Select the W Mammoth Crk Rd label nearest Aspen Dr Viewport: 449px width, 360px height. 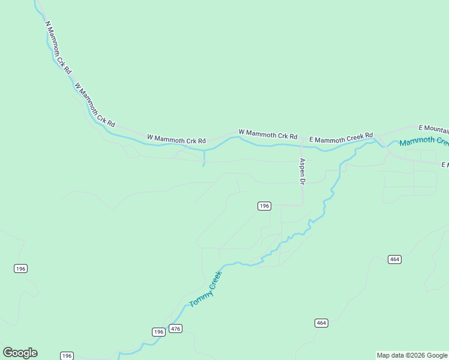point(268,134)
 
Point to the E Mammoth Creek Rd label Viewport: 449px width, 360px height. point(341,137)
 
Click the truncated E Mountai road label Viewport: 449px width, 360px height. point(433,129)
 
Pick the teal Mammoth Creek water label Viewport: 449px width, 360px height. point(424,142)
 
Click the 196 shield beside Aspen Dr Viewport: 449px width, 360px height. point(264,206)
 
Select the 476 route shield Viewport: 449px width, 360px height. point(175,328)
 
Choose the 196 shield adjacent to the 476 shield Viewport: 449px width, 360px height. point(158,332)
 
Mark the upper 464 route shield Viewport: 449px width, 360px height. point(394,259)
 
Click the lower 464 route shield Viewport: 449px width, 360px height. point(321,323)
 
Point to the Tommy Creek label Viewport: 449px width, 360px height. point(205,289)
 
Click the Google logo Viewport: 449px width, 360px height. point(20,353)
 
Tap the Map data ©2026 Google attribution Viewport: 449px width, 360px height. point(412,355)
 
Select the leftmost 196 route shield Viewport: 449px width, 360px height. point(20,268)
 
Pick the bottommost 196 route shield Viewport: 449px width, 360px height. point(67,356)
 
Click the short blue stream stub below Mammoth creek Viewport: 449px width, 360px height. point(204,158)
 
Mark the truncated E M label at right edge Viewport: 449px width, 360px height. point(445,164)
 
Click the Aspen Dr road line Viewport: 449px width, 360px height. point(302,192)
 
